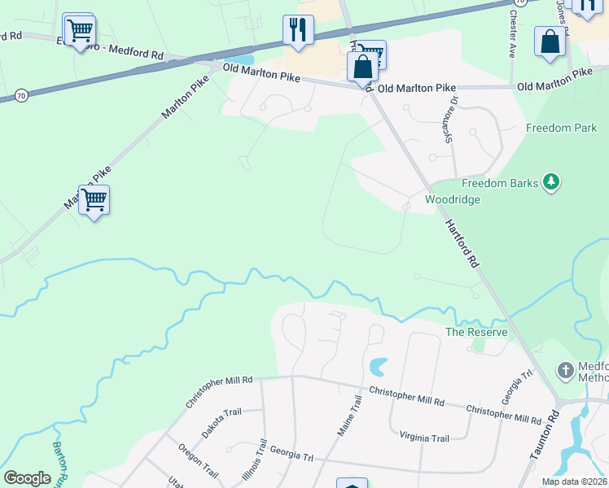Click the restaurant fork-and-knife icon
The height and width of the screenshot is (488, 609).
point(298,30)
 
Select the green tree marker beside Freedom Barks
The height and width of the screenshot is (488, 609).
point(553,182)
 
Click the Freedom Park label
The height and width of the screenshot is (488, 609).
point(561,128)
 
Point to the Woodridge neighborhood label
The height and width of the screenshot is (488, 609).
point(453,199)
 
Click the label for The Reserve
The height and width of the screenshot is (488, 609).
point(476,332)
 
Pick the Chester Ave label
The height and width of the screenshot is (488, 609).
point(513,33)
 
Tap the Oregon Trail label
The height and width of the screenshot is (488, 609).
point(199,460)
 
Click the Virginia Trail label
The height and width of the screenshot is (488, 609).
point(424,438)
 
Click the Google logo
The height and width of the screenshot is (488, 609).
point(28,477)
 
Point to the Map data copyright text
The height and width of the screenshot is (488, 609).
point(574,481)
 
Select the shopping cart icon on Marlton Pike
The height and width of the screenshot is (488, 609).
point(94,199)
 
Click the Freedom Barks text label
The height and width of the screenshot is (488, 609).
point(500,183)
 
